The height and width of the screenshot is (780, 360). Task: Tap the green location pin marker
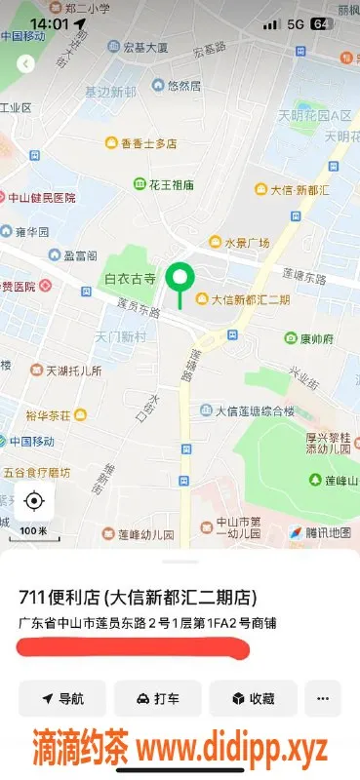[x=179, y=280]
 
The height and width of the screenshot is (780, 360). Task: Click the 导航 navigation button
[x=61, y=698]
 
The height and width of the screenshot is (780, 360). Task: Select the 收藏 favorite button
[x=253, y=698]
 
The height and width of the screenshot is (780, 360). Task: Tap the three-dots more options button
[x=323, y=698]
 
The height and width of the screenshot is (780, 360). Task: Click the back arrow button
[x=26, y=63]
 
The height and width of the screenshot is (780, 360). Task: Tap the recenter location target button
[x=34, y=501]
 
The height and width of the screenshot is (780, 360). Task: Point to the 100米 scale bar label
[x=34, y=530]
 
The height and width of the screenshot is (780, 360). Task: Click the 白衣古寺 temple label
[x=131, y=279]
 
